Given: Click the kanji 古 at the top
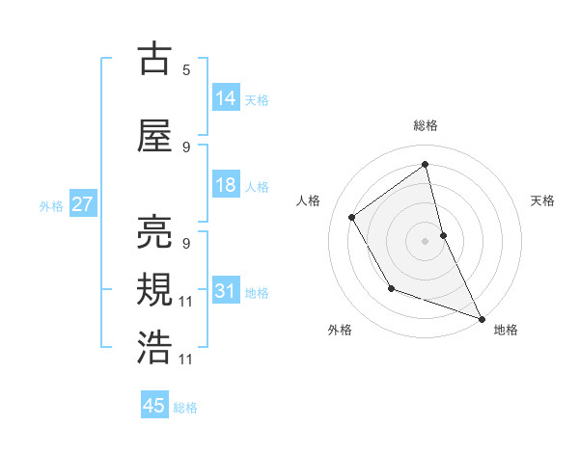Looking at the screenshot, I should pos(155,59).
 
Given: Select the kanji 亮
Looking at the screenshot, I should pos(155,232).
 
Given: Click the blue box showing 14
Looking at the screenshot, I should pos(226,98).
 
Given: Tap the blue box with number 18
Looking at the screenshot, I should pos(226,185).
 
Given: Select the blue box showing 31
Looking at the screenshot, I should pos(226,291).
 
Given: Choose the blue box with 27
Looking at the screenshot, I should pos(82,204).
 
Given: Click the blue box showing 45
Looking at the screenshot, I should pos(154,406).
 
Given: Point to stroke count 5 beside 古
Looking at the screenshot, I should pos(186,69).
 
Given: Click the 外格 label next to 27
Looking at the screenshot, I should pos(51,205).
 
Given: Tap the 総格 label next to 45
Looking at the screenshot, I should pos(185,408).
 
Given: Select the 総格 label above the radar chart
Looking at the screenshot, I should pos(426,126).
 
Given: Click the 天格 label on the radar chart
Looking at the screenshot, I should pos(543,200).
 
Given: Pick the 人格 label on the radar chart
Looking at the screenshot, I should pos(309,200).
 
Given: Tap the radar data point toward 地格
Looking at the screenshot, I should pos(482,319).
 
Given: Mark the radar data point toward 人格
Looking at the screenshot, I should pos(352,218).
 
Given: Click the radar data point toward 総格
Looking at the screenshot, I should pos(426,164).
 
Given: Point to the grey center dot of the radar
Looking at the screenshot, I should pos(426,241).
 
